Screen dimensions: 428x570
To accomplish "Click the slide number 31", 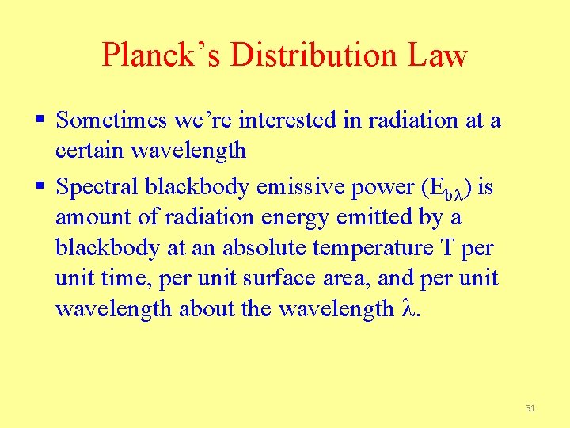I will tap(530, 408).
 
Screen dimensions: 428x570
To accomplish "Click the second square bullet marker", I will tap(40, 187).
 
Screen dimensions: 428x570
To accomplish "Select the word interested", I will tap(284, 120).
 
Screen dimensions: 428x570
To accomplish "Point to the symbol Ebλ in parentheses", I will tap(442, 189).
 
